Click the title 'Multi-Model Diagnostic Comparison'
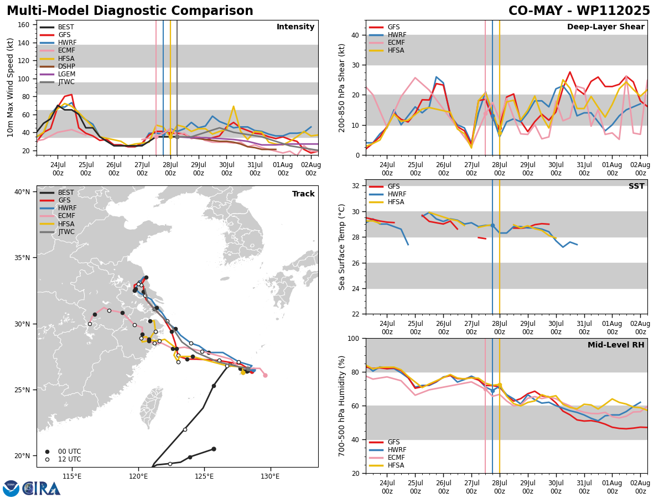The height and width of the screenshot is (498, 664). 130,11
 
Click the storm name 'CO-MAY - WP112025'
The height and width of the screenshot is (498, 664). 579,11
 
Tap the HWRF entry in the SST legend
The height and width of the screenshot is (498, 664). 397,194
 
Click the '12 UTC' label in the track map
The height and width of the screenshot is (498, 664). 69,459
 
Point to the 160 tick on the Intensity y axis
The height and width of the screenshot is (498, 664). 24,24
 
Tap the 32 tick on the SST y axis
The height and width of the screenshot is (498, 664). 356,186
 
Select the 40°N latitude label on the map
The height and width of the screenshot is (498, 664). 22,192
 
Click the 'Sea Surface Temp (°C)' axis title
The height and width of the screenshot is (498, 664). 343,247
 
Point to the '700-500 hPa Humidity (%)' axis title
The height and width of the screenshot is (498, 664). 343,406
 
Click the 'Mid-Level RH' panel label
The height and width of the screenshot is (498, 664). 616,345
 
